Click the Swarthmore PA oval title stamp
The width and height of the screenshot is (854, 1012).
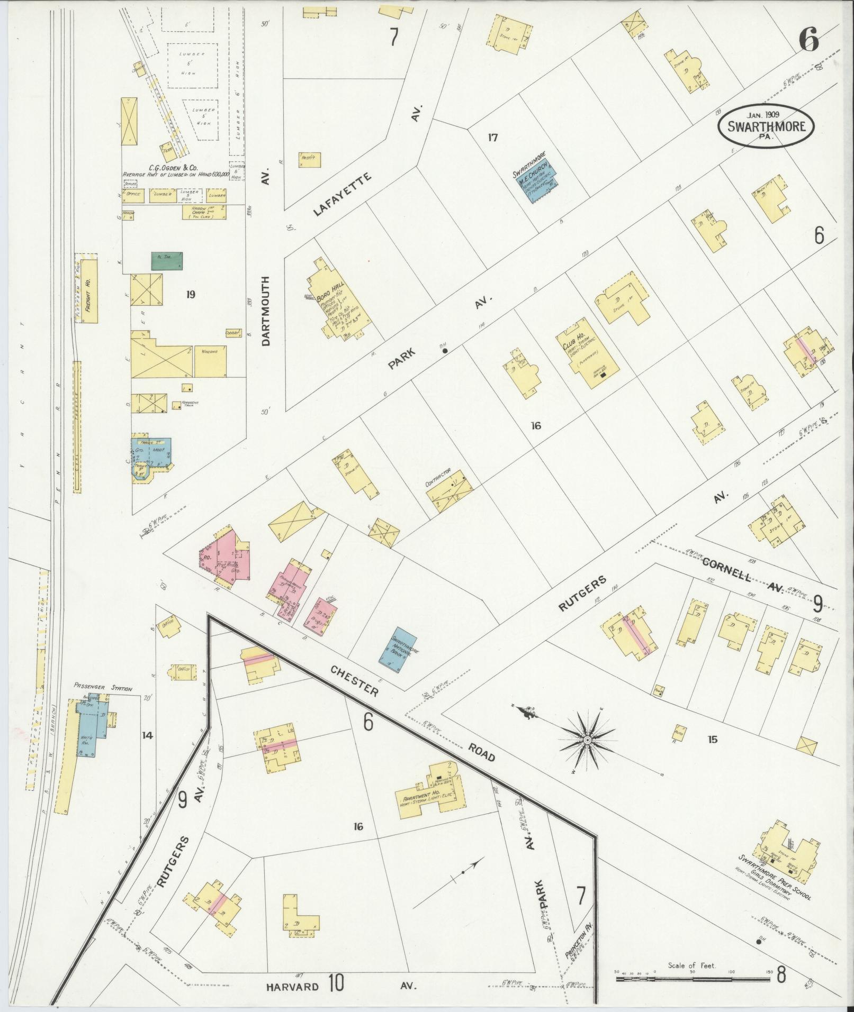click(766, 126)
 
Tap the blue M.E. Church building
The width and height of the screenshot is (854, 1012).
click(536, 184)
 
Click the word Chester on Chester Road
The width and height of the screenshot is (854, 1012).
click(354, 680)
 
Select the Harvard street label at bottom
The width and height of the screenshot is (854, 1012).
click(293, 987)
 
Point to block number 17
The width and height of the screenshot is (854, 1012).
click(492, 138)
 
